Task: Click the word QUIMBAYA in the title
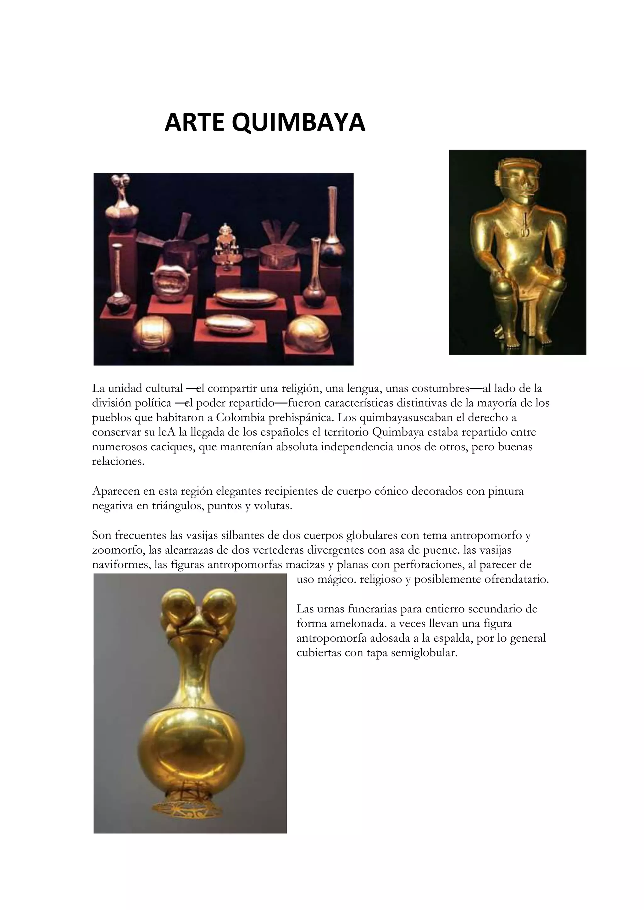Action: point(298,123)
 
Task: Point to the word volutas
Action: point(274,506)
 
